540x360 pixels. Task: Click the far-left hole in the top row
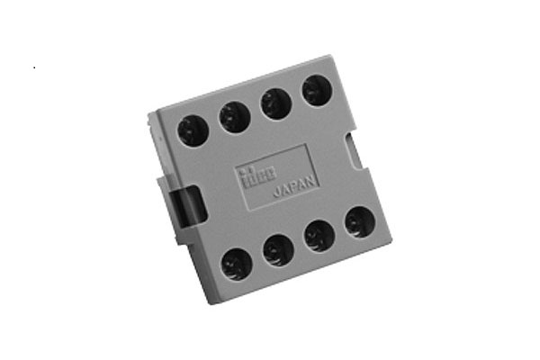pyautogui.click(x=193, y=130)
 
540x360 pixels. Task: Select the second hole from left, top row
pyautogui.click(x=234, y=116)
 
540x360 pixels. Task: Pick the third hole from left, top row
pyautogui.click(x=275, y=103)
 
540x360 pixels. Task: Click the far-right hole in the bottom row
pyautogui.click(x=360, y=221)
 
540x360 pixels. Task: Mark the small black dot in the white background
pyautogui.click(x=34, y=67)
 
